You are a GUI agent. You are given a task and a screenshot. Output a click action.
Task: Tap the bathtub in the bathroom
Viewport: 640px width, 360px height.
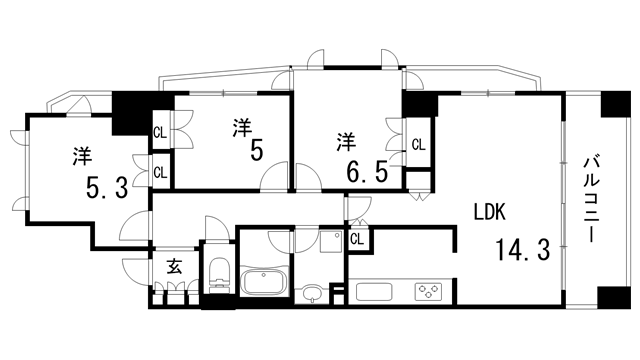pos(264,280)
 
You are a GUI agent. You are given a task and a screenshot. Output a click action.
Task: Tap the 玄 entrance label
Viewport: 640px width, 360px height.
pos(174,266)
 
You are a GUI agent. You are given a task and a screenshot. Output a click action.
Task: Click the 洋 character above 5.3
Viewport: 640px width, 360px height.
pos(82,157)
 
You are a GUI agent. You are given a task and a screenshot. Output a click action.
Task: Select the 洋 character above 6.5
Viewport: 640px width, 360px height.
pos(346,137)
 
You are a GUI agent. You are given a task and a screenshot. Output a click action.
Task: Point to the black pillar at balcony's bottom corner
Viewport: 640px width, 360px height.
pos(608,299)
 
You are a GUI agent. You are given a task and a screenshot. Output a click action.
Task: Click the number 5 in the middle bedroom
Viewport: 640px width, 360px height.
pos(256,151)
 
